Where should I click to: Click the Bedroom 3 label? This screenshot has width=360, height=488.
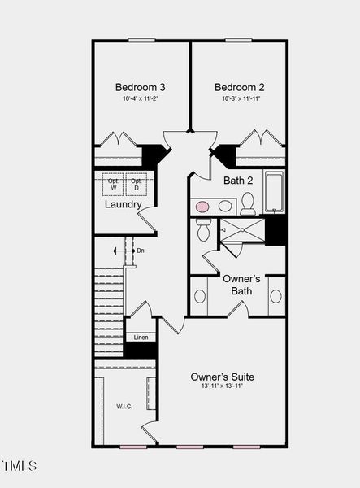point(141,87)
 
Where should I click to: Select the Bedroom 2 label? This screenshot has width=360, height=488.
point(239,87)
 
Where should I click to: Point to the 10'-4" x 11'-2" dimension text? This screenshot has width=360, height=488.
point(141,99)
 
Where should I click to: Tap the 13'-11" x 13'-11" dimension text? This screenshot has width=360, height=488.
point(222,386)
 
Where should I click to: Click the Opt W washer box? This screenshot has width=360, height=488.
point(113,185)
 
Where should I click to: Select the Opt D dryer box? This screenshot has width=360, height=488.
point(137,185)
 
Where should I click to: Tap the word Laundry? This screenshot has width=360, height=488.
point(124,204)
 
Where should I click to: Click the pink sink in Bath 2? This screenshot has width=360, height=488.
point(202,206)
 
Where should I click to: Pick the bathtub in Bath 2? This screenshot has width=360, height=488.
point(274,192)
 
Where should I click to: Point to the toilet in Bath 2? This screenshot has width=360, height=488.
point(248,203)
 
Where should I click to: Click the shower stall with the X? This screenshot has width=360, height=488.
point(243,231)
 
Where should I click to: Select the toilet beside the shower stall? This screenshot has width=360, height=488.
point(204,231)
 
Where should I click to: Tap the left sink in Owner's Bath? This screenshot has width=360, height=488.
point(200,296)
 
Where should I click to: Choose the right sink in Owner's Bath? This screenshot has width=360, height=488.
point(275,296)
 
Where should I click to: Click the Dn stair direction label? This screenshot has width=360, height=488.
point(141,251)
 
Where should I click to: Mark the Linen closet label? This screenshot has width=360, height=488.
point(141,337)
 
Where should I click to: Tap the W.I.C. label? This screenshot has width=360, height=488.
point(124,406)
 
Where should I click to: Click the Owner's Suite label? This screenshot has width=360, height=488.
point(222,377)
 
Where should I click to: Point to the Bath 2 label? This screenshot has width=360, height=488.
point(239,181)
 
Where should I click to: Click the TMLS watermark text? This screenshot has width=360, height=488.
point(20,466)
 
